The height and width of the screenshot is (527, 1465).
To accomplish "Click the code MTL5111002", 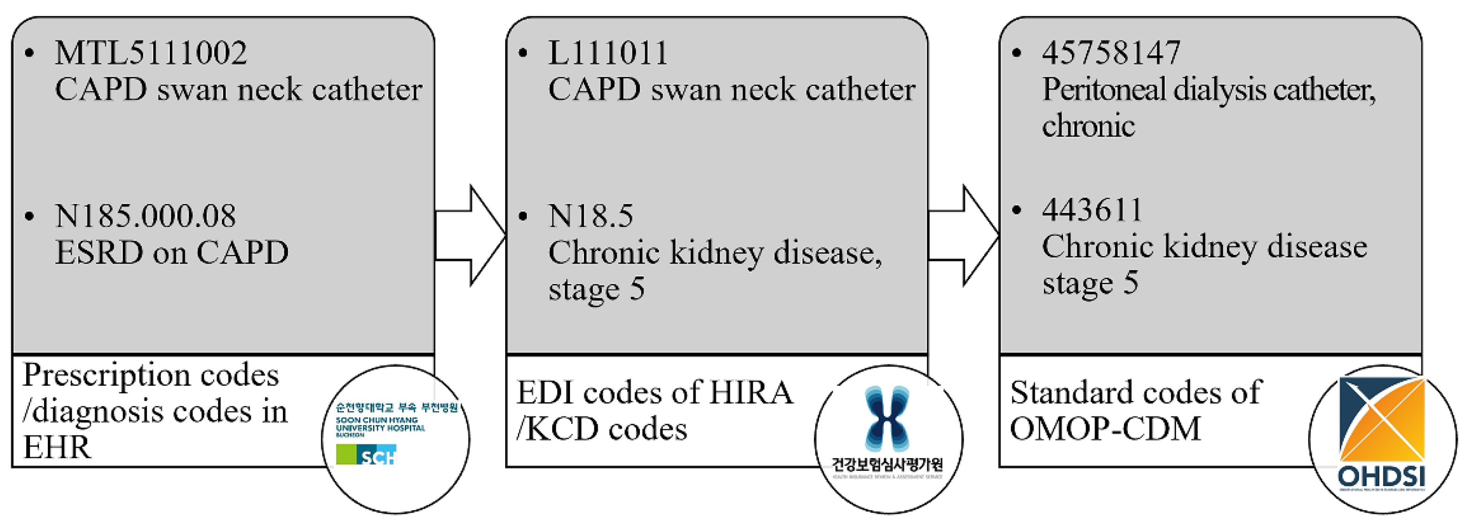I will click(151, 53).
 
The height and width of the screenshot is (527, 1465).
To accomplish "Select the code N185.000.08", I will click(145, 216).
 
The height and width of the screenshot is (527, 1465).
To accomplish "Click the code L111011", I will click(607, 53).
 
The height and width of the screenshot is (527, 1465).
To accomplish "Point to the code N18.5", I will click(590, 216).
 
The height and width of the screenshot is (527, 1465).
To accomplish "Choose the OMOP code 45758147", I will click(1111, 53).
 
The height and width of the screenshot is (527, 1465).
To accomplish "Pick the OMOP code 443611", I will click(1092, 211).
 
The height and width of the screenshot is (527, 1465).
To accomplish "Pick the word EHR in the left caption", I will click(56, 447).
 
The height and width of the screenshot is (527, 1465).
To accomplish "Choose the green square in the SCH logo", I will click(346, 454).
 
